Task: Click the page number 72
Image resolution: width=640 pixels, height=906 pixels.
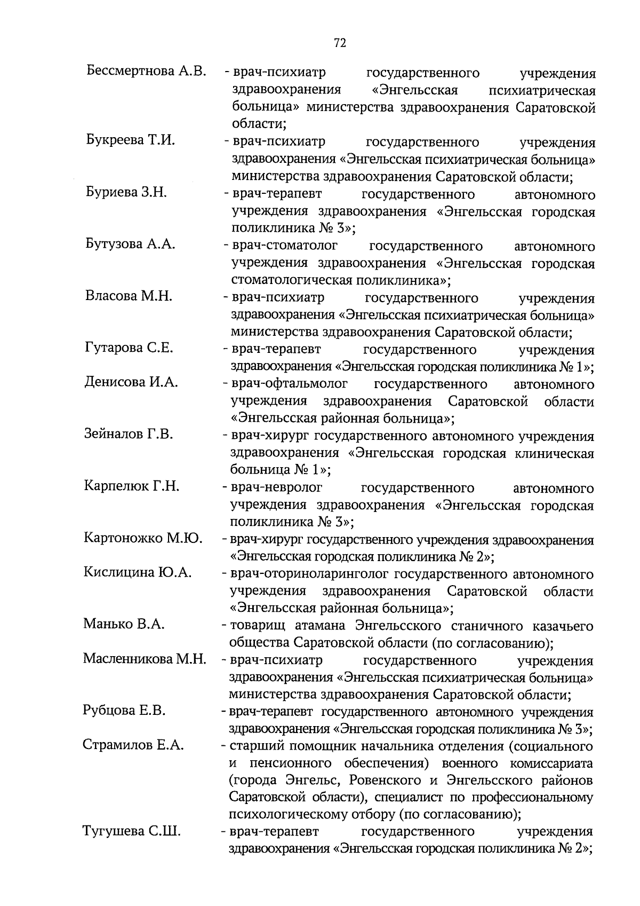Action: click(x=340, y=43)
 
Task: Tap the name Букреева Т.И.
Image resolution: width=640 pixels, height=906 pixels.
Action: click(x=131, y=140)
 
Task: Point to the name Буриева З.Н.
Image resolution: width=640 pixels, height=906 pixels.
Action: click(x=126, y=192)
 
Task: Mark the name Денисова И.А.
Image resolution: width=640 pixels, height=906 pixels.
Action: click(x=131, y=382)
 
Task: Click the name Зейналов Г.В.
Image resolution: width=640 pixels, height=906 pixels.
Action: click(x=128, y=434)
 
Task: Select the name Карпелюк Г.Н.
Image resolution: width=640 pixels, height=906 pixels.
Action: click(x=131, y=486)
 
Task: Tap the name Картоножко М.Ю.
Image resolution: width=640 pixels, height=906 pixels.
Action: click(x=143, y=538)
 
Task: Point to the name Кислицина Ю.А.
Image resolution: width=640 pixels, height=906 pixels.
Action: click(x=138, y=572)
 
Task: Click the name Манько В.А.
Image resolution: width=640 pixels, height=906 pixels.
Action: click(x=123, y=624)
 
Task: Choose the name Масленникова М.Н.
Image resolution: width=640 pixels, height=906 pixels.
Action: click(x=144, y=659)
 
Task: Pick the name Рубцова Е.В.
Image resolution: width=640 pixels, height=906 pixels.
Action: click(x=124, y=711)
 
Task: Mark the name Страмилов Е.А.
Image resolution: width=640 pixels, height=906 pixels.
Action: click(x=133, y=745)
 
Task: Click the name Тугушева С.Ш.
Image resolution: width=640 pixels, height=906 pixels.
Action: click(x=131, y=831)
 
